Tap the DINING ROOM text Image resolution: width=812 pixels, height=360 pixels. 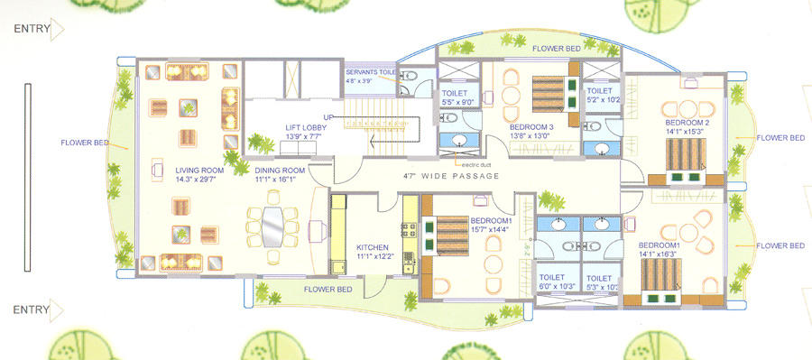coord(280,170)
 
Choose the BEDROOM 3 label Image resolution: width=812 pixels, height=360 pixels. coord(531,127)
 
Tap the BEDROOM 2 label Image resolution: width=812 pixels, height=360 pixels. coord(687,122)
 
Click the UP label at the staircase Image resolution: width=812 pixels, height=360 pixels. coord(330,117)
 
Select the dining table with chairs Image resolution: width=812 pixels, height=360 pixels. coord(271,226)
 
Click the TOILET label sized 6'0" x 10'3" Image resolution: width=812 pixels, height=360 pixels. coord(551,278)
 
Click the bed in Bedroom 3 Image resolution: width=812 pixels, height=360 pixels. coord(549,93)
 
